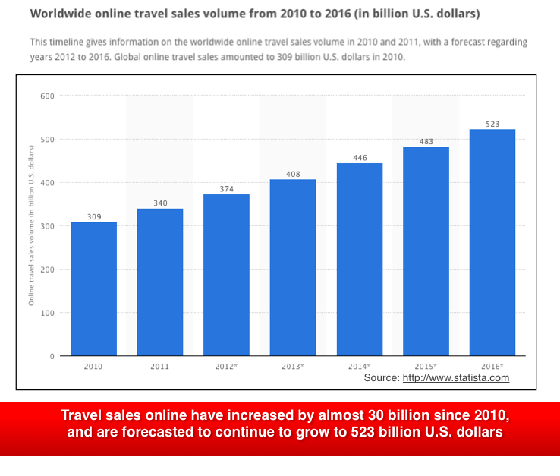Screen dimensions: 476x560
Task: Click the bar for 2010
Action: point(93,288)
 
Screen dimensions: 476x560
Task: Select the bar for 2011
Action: point(160,282)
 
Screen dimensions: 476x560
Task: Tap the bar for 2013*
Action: point(293,267)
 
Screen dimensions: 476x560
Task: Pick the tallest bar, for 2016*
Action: point(492,242)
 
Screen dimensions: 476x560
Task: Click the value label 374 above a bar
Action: point(226,188)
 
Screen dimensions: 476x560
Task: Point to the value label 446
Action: point(360,158)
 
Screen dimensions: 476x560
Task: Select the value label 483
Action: point(426,141)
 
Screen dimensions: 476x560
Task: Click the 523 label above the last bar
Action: point(492,124)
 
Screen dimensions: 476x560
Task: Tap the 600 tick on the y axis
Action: point(48,96)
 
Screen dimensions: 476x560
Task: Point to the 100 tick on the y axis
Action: point(48,313)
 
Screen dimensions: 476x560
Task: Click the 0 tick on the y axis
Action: point(52,356)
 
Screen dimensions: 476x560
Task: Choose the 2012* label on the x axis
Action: point(226,366)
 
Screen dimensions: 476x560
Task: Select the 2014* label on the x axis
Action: point(360,366)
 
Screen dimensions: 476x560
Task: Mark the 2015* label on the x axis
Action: point(426,366)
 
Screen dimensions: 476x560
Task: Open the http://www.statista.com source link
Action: point(455,377)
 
